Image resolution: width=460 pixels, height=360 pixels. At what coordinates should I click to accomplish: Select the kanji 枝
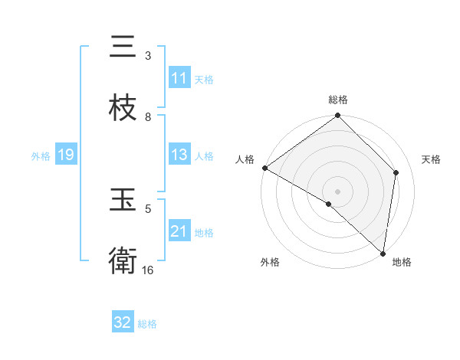(123, 108)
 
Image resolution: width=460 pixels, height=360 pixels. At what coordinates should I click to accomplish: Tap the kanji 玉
(123, 201)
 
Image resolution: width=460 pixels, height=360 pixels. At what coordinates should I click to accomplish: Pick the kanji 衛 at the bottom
(123, 261)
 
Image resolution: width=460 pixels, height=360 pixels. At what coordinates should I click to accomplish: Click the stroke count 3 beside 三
(148, 56)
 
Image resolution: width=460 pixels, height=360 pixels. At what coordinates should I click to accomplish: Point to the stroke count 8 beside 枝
(148, 117)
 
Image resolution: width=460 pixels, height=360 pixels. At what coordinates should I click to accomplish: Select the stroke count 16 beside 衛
(148, 270)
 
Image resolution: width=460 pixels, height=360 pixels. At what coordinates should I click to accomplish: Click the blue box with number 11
(179, 78)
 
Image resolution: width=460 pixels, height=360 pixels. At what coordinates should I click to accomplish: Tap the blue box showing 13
(179, 155)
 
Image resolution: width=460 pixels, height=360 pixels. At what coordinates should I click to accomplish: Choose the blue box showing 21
(179, 231)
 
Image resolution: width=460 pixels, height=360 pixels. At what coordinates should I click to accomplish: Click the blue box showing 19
(66, 155)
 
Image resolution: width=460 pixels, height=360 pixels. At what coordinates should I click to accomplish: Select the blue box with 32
(123, 322)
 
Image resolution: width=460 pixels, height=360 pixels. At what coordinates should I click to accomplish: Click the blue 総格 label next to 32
(147, 324)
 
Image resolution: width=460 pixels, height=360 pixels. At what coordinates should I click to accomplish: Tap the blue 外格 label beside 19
(41, 156)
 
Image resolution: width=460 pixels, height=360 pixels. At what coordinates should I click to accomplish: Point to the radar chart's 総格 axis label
(338, 100)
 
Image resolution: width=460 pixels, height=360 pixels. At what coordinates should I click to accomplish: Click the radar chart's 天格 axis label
(431, 159)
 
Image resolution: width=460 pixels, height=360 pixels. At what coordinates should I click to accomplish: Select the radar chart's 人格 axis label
(245, 159)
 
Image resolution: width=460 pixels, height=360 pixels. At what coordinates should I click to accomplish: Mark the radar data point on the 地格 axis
(383, 254)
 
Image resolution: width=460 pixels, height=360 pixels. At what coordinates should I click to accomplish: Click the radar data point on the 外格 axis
(329, 204)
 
